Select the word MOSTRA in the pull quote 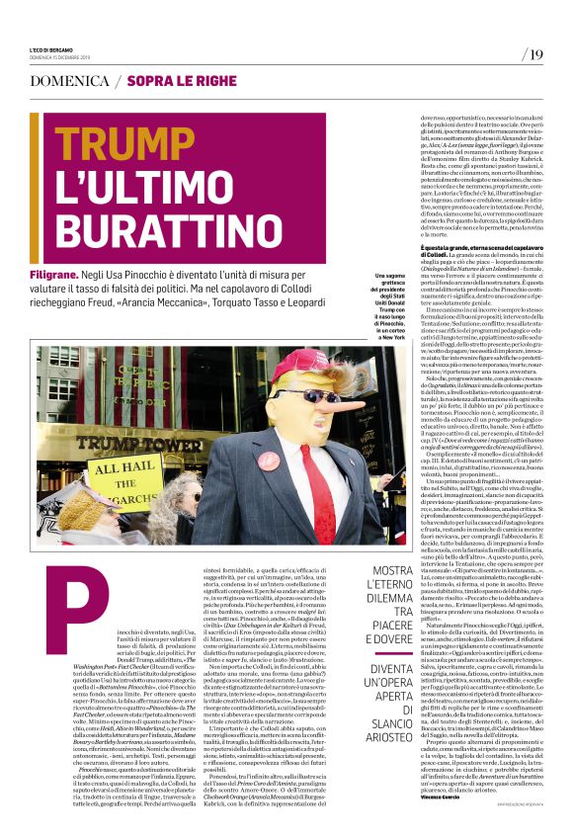click(x=392, y=572)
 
